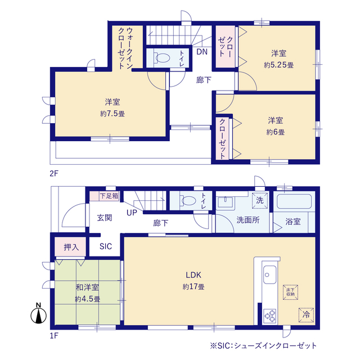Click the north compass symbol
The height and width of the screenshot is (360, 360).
(39, 314)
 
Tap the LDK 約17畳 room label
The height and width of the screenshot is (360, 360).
(193, 281)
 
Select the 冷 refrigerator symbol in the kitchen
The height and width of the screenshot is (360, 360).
(306, 314)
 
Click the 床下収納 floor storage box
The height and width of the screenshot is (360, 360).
(290, 292)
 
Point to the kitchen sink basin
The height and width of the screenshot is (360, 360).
(270, 274)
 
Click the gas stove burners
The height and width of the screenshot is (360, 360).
(270, 316)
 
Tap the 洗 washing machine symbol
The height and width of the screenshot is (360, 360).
(260, 200)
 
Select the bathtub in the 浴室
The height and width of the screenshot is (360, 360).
(294, 201)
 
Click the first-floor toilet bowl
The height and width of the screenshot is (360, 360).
(188, 200)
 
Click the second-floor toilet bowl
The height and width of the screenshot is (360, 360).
(162, 57)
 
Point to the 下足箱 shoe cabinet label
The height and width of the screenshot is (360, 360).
(109, 196)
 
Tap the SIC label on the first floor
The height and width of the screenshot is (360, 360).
(106, 246)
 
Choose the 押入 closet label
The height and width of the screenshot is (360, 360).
(71, 247)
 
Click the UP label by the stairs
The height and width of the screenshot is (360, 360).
(132, 213)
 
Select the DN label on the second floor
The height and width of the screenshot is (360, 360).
(202, 52)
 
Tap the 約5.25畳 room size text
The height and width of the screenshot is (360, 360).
(278, 65)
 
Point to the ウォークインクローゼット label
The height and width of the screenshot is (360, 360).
(125, 48)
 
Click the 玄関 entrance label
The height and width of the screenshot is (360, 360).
(105, 218)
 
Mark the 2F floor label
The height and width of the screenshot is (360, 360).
(54, 173)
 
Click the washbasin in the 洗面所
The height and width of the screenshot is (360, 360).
(225, 202)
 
